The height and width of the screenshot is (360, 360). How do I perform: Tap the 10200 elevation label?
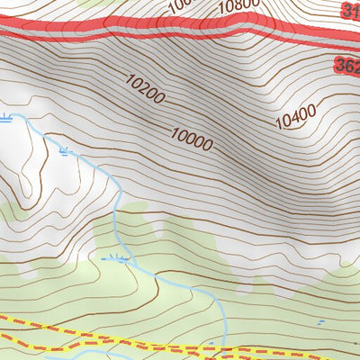[x=146, y=90]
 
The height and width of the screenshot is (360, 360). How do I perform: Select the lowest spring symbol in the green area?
[x=116, y=259]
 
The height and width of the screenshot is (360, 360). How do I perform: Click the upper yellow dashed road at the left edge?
[x=4, y=319]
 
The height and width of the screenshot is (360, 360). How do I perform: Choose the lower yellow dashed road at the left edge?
[x=4, y=345]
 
